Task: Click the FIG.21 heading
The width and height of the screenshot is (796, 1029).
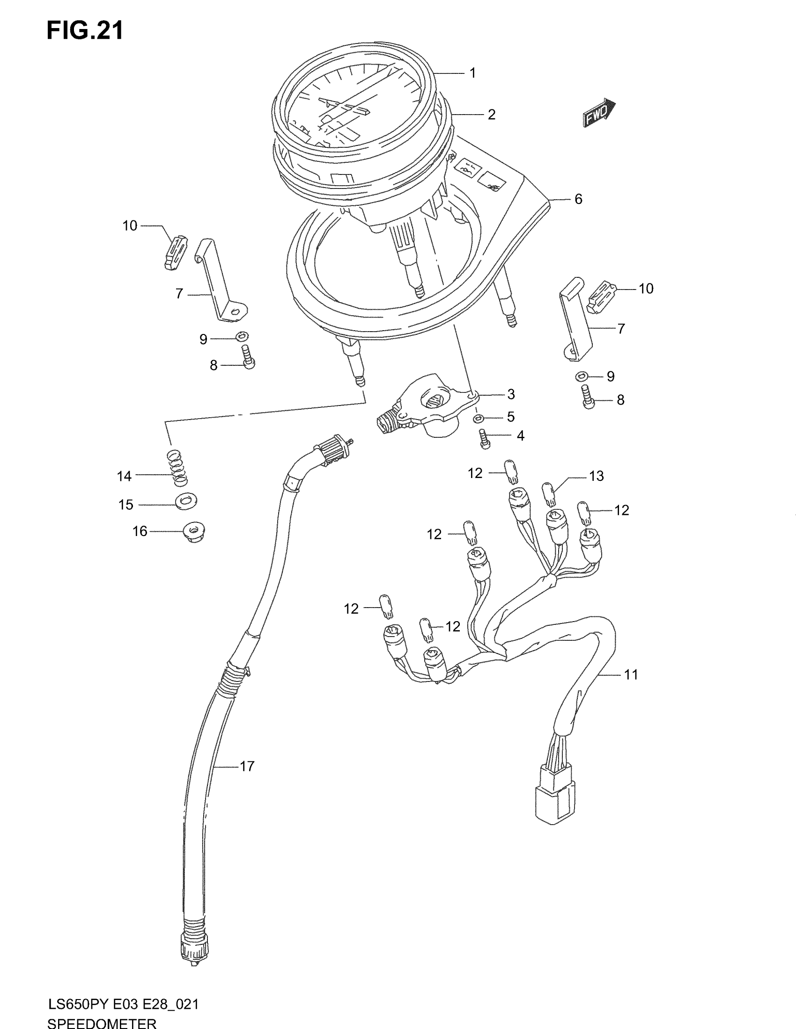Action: tap(85, 30)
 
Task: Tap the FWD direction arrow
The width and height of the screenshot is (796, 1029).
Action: tap(598, 113)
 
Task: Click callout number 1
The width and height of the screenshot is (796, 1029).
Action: tap(472, 73)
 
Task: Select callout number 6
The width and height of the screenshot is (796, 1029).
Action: tap(578, 199)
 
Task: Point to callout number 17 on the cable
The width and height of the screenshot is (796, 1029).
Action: tap(247, 766)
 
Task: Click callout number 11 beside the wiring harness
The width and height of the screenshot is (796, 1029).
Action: tap(631, 674)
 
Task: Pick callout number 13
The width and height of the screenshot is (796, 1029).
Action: tap(597, 476)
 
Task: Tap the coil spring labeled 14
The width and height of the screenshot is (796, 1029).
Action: tap(177, 467)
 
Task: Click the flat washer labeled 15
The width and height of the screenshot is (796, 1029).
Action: tap(186, 500)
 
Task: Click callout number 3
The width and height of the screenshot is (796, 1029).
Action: tap(511, 394)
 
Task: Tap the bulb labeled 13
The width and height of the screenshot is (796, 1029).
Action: tap(548, 493)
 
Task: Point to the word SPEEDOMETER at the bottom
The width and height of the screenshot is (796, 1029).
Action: tap(102, 1023)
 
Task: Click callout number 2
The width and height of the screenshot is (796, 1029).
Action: tap(491, 115)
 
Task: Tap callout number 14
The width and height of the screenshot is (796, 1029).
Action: tap(124, 476)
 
